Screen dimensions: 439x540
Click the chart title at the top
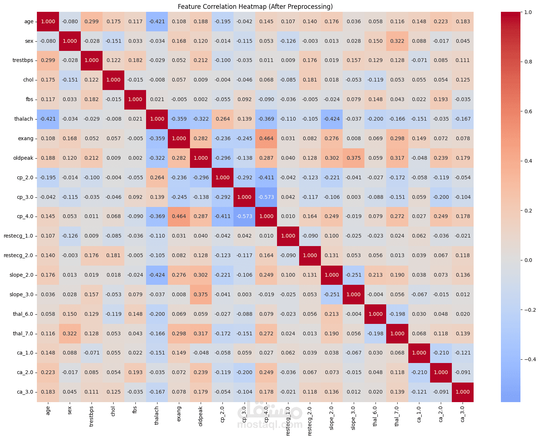click(x=255, y=7)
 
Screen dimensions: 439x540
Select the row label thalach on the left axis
click(x=24, y=119)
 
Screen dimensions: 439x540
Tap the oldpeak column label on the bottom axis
click(x=201, y=416)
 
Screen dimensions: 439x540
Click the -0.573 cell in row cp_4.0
click(x=245, y=217)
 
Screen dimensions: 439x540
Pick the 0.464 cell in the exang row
click(x=266, y=139)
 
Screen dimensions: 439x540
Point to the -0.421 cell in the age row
click(x=157, y=22)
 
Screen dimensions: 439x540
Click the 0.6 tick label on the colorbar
click(x=528, y=111)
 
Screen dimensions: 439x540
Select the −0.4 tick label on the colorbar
click(x=530, y=359)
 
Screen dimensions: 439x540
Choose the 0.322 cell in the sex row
click(x=397, y=41)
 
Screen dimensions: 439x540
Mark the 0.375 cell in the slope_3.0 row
click(x=201, y=295)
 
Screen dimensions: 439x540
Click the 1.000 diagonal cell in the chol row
click(x=114, y=80)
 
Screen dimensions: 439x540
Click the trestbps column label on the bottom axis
click(x=91, y=416)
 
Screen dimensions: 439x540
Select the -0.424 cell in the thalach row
click(x=332, y=119)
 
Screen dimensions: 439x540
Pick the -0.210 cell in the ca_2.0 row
click(x=419, y=373)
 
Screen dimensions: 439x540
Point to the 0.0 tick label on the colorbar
click(x=528, y=260)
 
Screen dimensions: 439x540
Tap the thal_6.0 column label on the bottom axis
click(x=375, y=416)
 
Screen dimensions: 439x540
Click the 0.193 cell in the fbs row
click(x=441, y=100)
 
